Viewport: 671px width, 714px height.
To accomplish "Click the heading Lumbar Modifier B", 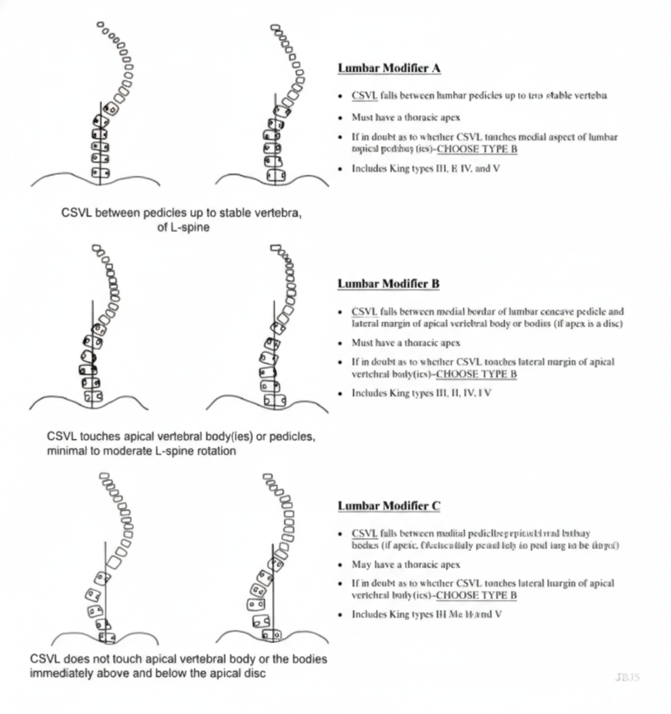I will tap(388, 283).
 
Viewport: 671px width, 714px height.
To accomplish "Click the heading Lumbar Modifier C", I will tap(388, 506).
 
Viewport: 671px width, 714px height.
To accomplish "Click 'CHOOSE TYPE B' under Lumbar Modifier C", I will tap(476, 595).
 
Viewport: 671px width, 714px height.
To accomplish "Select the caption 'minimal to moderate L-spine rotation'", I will tap(142, 450).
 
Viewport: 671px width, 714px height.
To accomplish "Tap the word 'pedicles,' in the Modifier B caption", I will tap(294, 437).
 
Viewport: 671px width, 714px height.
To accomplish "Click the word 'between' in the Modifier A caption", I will tap(118, 214).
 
